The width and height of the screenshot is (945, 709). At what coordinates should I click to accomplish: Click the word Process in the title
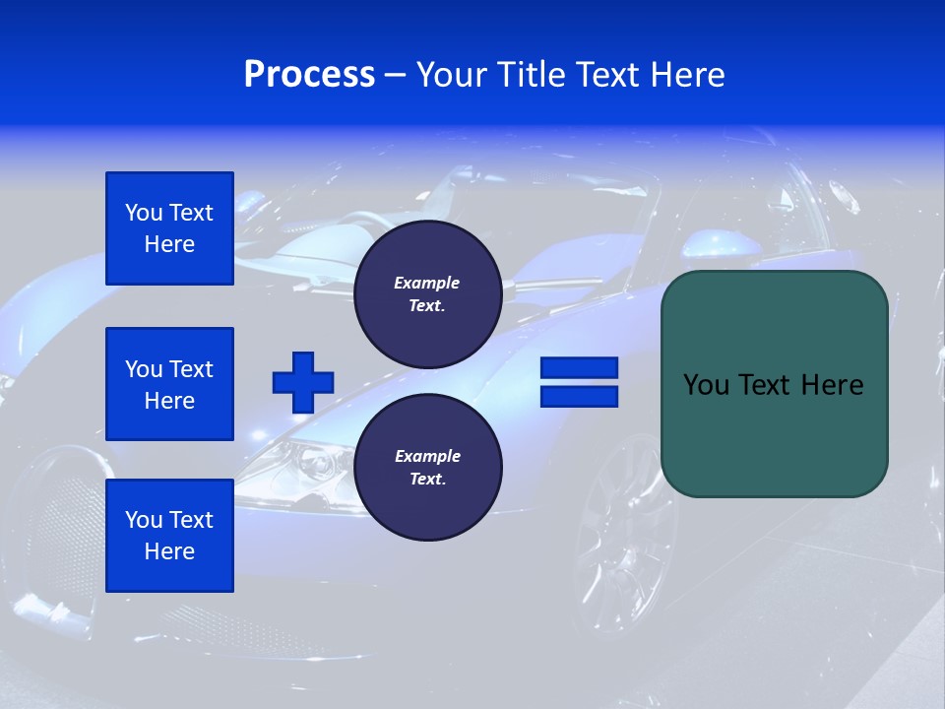309,75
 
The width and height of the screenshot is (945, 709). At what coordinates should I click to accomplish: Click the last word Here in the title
686,75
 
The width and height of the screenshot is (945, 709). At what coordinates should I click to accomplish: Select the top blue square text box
169,228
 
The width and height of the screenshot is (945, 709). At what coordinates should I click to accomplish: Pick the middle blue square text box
169,384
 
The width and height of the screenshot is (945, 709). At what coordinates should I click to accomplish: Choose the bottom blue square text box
169,536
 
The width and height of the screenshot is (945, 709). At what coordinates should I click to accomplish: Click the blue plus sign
303,382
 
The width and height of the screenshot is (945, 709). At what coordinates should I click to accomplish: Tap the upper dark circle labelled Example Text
427,293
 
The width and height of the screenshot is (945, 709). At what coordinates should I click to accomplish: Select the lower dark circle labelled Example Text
427,468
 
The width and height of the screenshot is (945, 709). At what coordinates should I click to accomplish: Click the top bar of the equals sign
579,368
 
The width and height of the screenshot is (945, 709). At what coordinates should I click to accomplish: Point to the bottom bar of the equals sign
579,397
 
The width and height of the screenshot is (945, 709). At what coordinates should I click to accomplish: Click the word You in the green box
707,385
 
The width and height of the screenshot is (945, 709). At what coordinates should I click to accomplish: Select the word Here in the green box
832,385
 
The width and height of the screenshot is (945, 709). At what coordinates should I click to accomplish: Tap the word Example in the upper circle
427,283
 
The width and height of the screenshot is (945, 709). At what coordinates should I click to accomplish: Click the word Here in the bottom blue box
169,551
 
